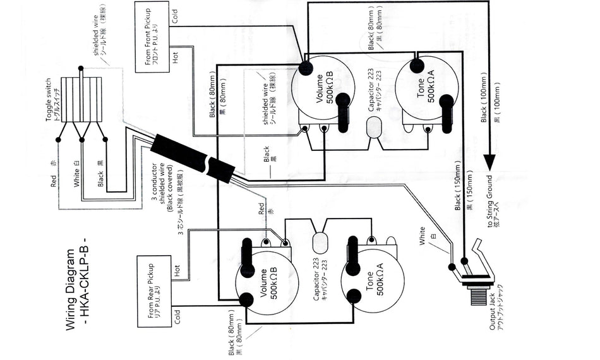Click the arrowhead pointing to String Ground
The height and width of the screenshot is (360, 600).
488,163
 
